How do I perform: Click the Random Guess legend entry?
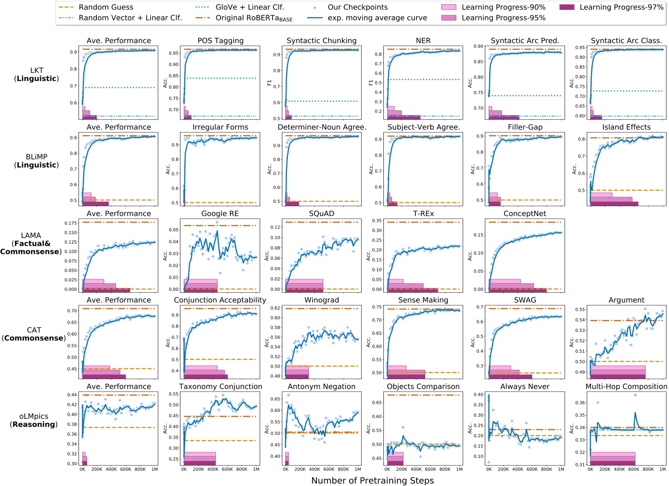[x=106, y=7]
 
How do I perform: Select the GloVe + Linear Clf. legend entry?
[x=249, y=7]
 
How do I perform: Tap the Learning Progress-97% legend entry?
[x=621, y=7]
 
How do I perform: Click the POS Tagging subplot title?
[x=220, y=41]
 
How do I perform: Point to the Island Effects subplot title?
[x=626, y=127]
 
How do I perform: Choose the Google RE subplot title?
[x=220, y=214]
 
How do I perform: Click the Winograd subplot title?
[x=321, y=300]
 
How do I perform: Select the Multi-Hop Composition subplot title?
[x=626, y=387]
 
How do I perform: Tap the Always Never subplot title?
[x=524, y=387]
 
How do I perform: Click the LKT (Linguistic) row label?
[x=37, y=75]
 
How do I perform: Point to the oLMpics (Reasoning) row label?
[x=34, y=420]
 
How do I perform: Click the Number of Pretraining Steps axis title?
[x=372, y=480]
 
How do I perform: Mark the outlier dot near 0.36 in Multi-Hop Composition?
[x=597, y=403]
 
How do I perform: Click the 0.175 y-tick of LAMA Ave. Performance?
[x=71, y=223]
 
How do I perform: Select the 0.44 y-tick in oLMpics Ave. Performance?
[x=72, y=395]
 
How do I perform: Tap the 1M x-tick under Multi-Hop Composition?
[x=662, y=469]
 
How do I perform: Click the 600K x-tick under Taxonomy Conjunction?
[x=227, y=469]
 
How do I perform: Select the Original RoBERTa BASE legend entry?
[x=254, y=18]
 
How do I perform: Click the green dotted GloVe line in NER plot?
[x=426, y=80]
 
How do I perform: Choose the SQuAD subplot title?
[x=321, y=214]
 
